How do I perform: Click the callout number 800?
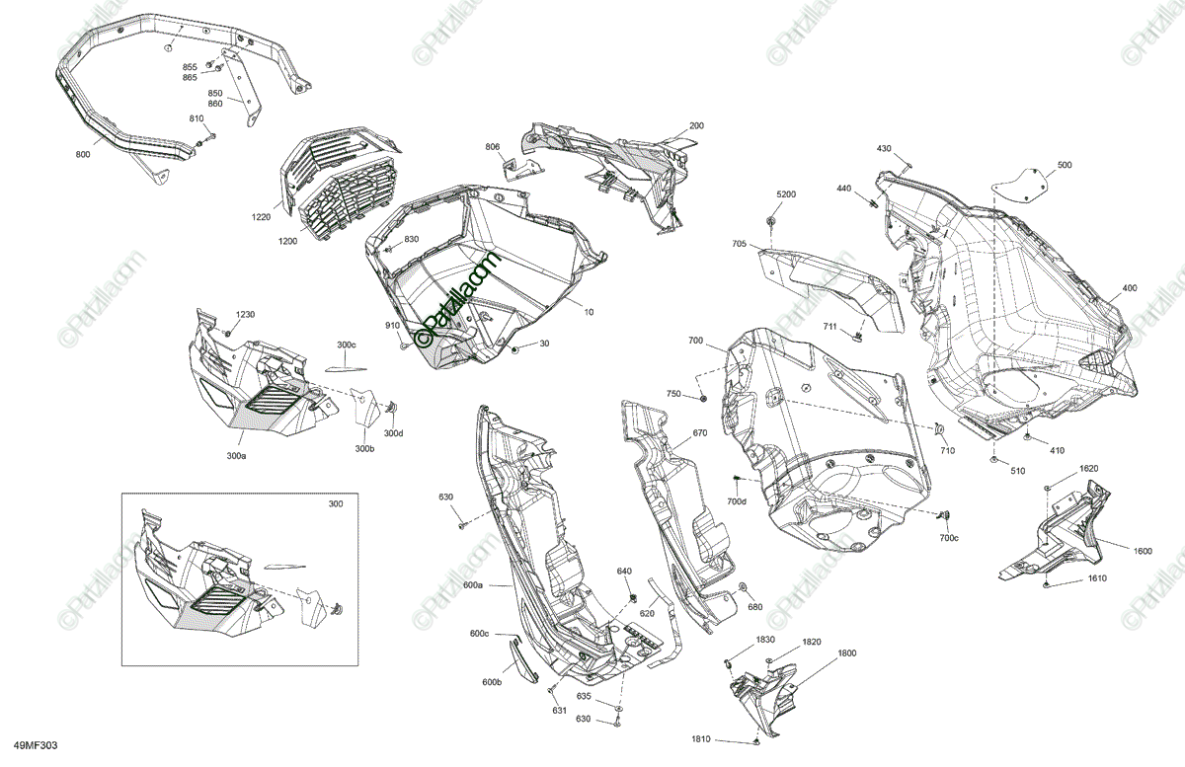pos(82,155)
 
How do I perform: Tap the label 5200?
pos(785,194)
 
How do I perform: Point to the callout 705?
pos(739,243)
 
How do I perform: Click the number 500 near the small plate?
pos(1064,165)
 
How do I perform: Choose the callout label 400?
pos(1129,289)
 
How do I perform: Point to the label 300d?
pos(393,433)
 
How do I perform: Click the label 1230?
pos(245,314)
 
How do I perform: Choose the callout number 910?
pos(392,325)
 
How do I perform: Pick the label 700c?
pos(948,538)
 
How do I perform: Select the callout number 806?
pos(492,147)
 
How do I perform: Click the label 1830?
pos(765,640)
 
